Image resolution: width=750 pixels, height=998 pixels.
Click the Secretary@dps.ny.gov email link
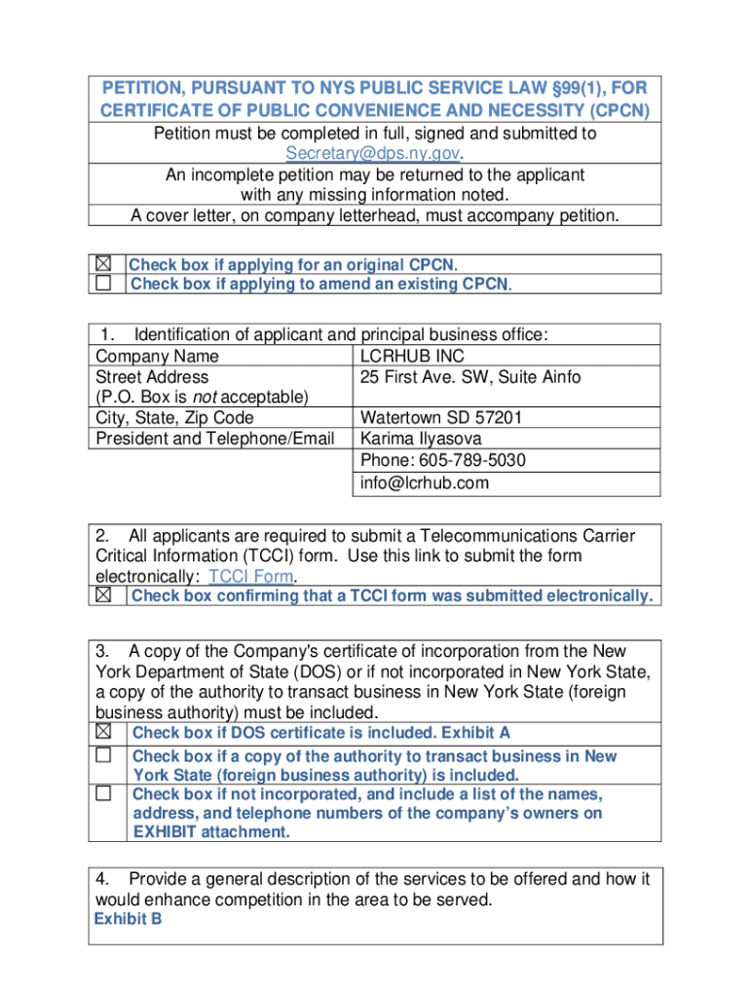coord(374,154)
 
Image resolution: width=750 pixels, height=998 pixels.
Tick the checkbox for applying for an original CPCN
coord(103,264)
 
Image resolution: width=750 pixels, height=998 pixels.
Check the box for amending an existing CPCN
coord(103,284)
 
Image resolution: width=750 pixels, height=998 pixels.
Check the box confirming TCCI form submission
coord(103,595)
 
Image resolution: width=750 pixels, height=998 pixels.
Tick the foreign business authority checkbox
coord(103,755)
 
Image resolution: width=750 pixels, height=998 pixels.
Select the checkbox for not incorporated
coord(103,793)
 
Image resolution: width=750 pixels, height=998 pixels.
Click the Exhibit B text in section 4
coord(128,919)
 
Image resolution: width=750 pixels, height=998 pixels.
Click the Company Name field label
coord(157,356)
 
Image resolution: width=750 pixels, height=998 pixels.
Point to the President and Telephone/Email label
coord(214,439)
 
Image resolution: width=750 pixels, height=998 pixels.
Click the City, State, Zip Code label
coord(174,418)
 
